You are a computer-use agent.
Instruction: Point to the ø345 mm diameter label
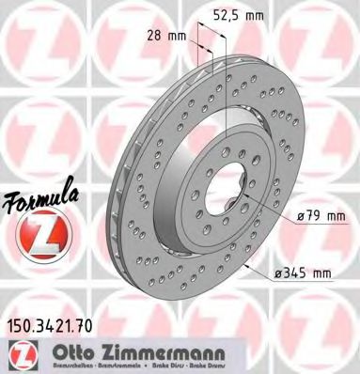[305, 273]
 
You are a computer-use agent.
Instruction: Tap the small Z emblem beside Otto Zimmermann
[20, 354]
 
